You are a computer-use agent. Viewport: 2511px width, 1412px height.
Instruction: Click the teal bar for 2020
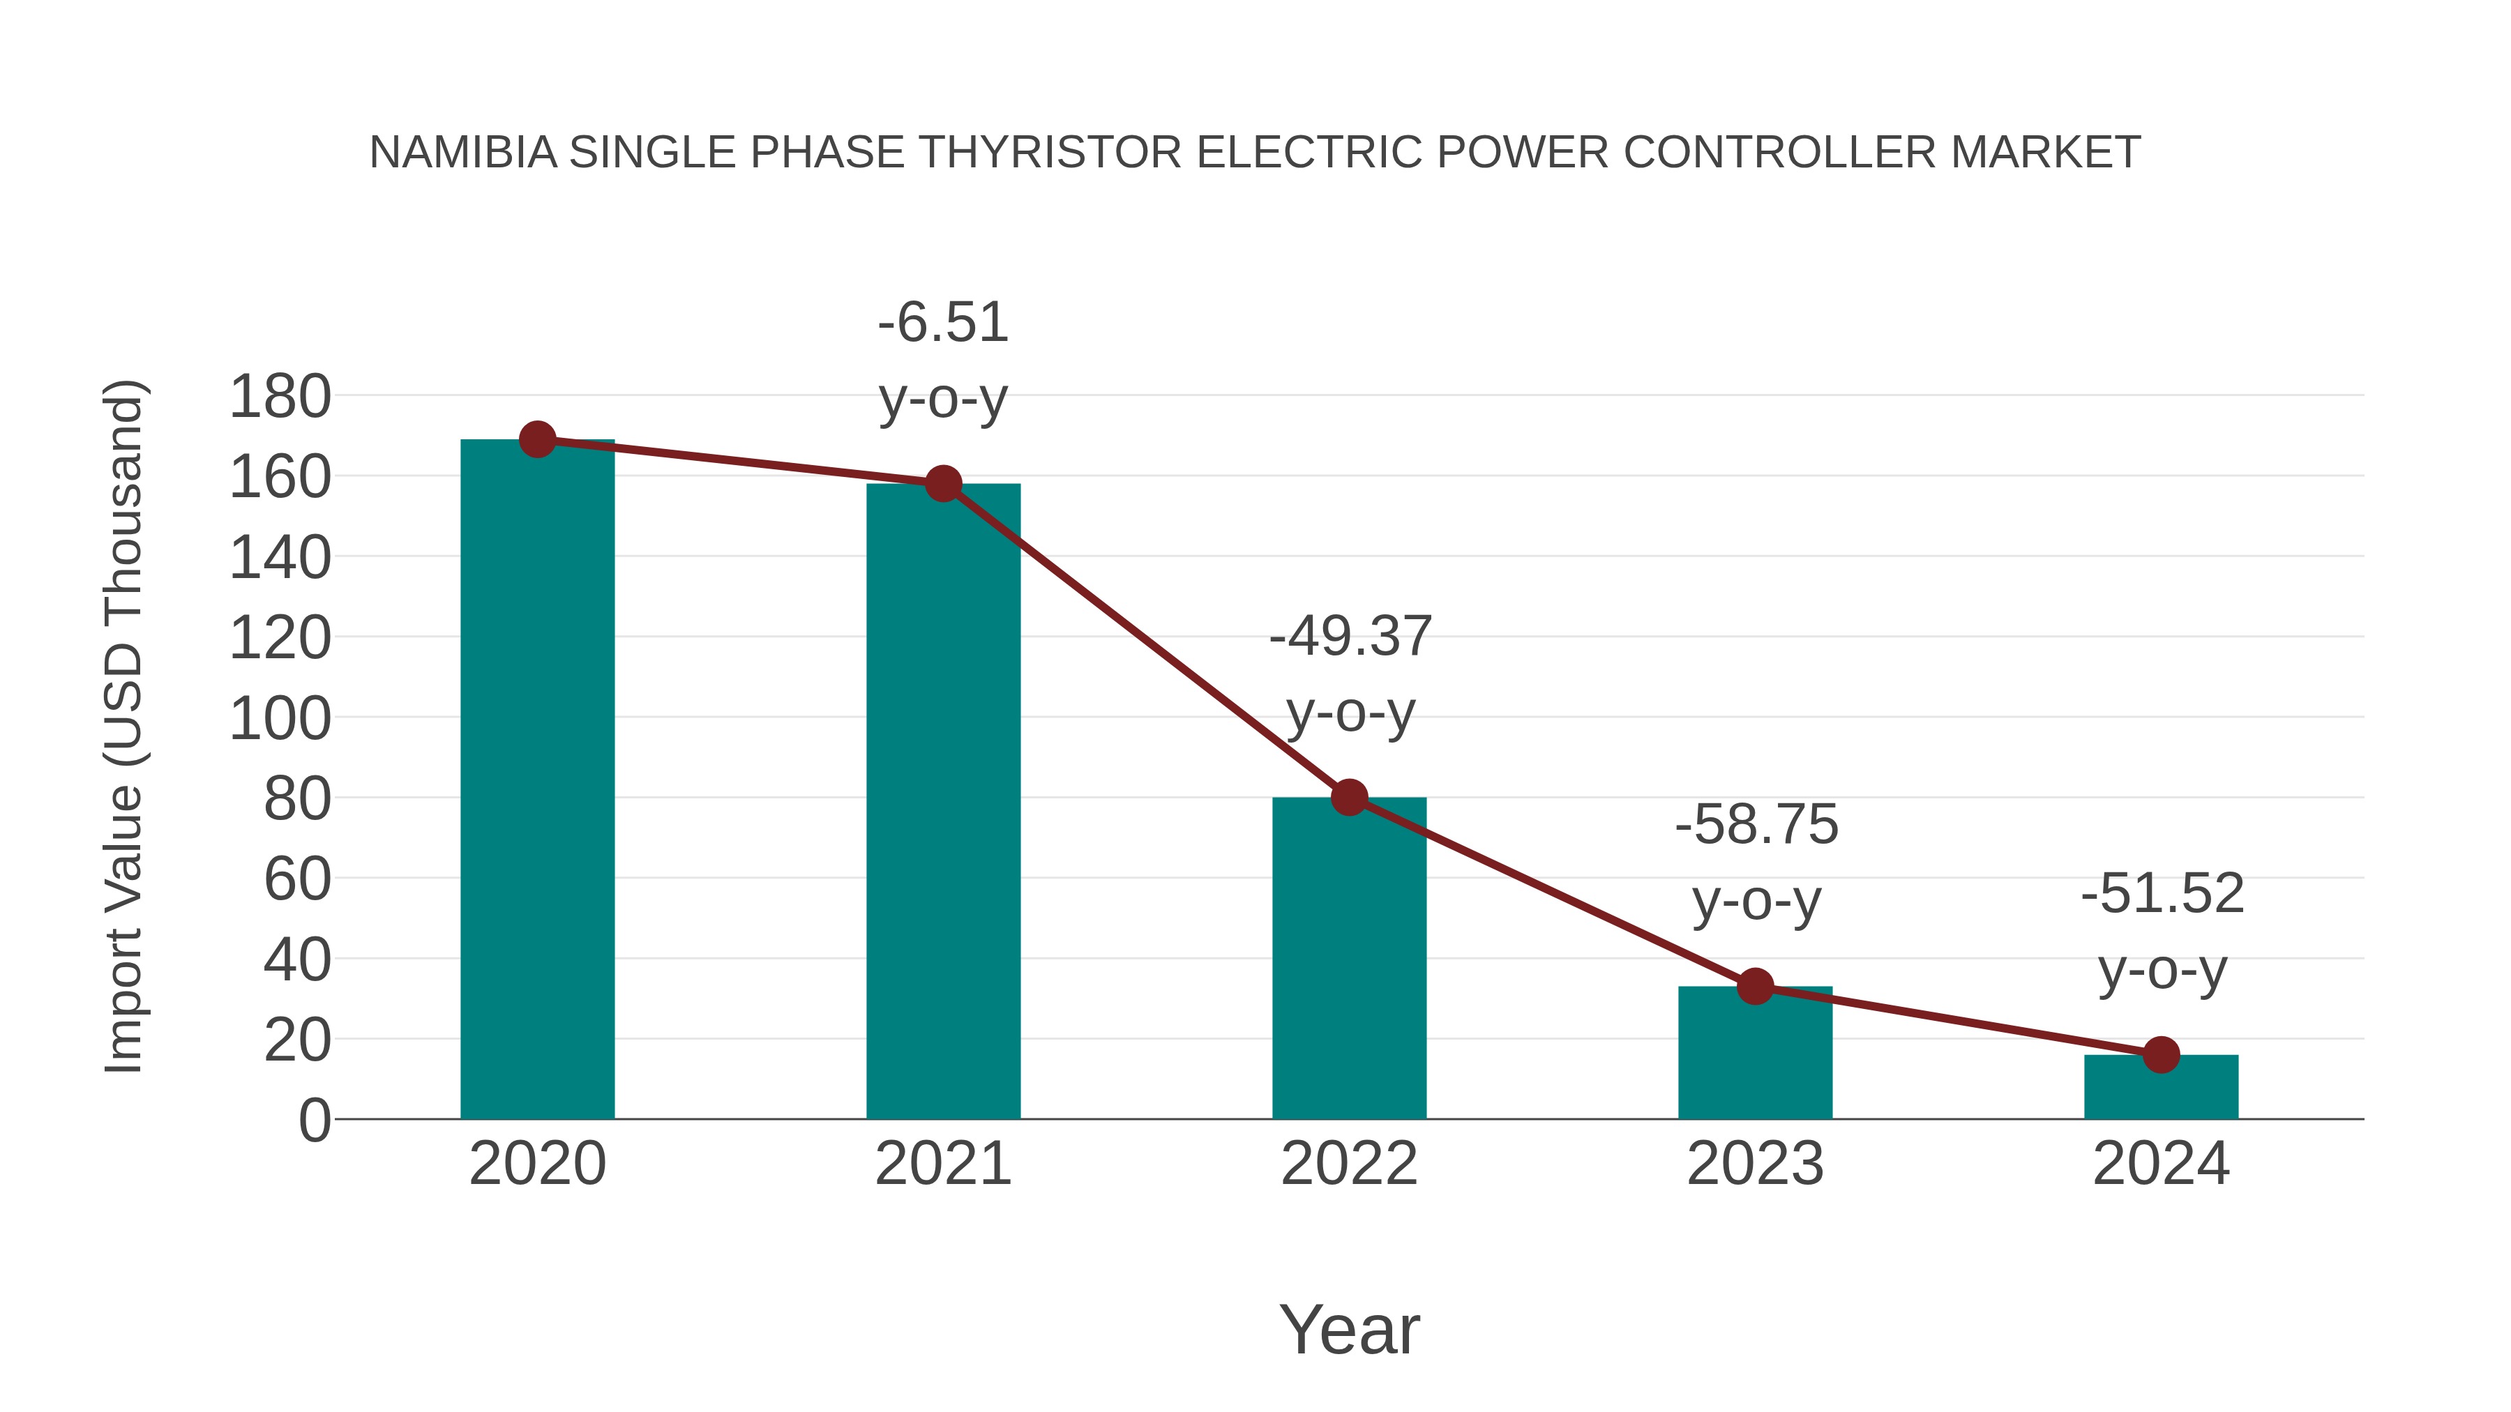click(537, 780)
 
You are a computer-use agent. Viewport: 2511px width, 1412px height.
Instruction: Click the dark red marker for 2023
click(1755, 987)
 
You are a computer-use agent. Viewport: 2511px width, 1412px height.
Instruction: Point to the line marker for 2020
click(537, 439)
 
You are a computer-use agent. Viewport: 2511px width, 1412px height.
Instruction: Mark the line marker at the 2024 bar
click(2161, 1054)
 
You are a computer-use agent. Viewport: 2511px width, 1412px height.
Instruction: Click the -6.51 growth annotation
click(942, 323)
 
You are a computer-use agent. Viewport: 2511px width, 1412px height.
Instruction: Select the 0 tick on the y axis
click(315, 1120)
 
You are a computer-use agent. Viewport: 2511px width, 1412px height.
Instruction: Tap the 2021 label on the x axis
click(942, 1164)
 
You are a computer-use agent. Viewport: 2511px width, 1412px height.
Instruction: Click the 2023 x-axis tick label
click(1755, 1164)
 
